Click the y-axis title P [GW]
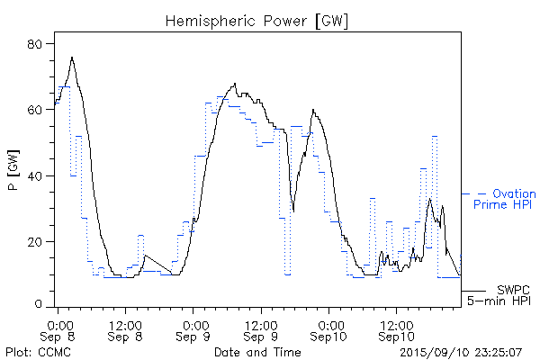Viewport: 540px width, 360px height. (13, 175)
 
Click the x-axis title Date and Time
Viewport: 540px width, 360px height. (257, 351)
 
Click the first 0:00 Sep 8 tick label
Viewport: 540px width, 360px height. (58, 329)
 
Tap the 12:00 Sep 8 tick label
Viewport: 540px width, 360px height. (125, 329)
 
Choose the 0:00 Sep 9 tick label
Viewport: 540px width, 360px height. (193, 329)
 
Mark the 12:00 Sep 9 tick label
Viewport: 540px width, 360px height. (260, 329)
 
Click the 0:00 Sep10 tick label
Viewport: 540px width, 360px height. (328, 329)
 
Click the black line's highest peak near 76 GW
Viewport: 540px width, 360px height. (72, 58)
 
